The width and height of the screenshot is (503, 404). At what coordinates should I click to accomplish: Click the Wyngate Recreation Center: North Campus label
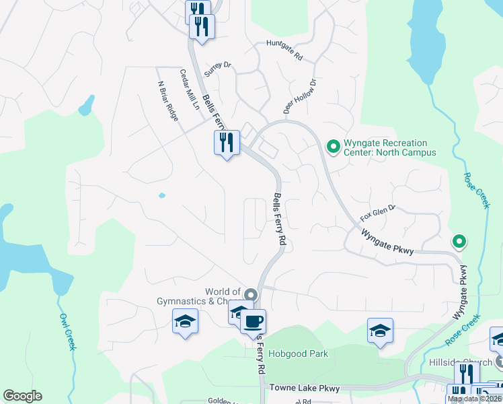coord(385,147)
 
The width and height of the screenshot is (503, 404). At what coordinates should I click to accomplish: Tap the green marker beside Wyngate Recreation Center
coord(332,145)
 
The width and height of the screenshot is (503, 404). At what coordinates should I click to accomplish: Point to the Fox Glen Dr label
coord(378,213)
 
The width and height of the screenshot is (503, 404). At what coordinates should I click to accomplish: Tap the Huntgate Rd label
coord(284,49)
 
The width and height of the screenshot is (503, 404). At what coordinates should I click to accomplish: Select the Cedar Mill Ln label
coord(190,89)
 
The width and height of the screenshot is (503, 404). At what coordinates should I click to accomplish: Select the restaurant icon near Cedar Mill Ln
coord(227,143)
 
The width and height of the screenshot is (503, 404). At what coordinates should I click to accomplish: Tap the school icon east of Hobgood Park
coord(380,331)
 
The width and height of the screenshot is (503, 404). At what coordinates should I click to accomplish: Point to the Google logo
coord(22,396)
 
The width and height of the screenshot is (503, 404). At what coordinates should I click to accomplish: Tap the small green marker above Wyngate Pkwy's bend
coord(459,240)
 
